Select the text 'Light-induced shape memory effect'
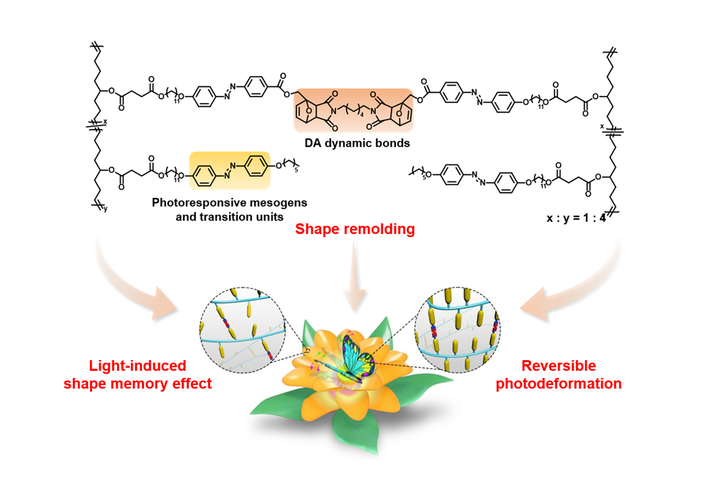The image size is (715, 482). pyautogui.click(x=135, y=374)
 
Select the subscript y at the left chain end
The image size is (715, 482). pyautogui.click(x=104, y=208)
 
